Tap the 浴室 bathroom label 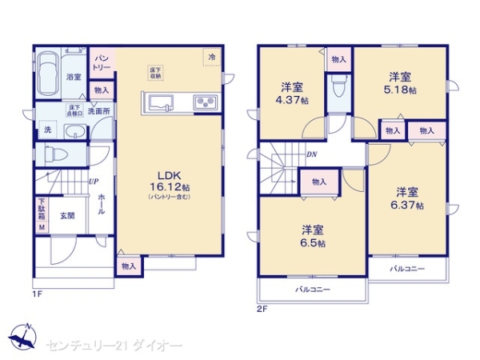74,77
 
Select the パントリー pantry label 102,62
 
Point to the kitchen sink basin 158,102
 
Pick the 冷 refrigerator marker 212,58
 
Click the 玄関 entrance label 67,215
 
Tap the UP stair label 94,182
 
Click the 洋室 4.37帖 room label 290,92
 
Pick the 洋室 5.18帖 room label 402,83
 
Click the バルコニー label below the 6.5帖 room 313,289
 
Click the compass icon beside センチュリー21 24,334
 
